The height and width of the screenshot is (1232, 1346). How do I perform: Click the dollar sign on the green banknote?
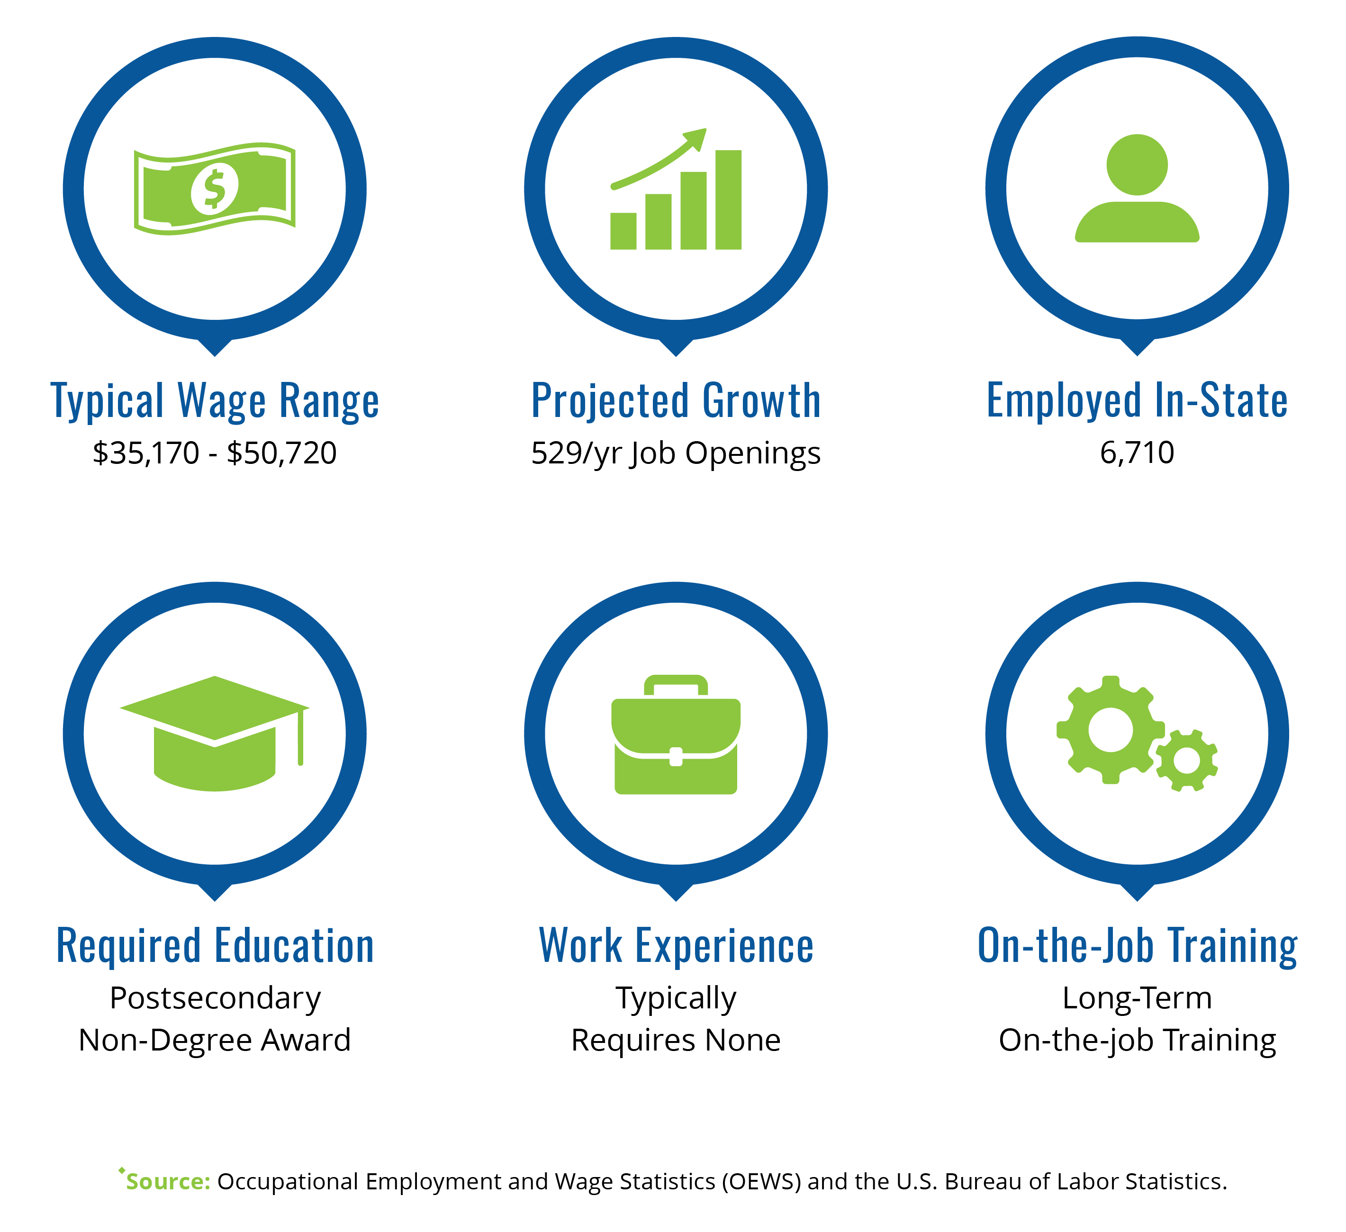tap(214, 190)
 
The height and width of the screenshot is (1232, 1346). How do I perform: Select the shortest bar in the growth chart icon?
tap(623, 231)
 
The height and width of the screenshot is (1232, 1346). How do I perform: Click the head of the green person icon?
tap(1137, 165)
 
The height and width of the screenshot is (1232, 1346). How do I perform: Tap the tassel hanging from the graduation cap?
tap(300, 737)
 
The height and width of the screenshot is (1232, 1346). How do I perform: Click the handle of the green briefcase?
tap(676, 686)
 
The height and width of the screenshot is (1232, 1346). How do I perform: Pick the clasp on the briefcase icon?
tap(676, 757)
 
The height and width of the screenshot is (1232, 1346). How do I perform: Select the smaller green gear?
tap(1186, 761)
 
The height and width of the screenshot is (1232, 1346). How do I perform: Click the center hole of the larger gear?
tap(1111, 730)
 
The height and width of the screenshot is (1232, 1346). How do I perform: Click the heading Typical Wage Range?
tap(215, 401)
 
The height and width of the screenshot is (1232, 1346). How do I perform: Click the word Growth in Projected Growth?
tap(762, 401)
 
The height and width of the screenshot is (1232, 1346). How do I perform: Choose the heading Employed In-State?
tap(1137, 401)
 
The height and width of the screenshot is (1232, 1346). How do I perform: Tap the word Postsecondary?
tap(215, 998)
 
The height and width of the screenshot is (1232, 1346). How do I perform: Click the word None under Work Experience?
tap(743, 1041)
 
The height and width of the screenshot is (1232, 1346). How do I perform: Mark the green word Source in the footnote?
tap(168, 1182)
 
